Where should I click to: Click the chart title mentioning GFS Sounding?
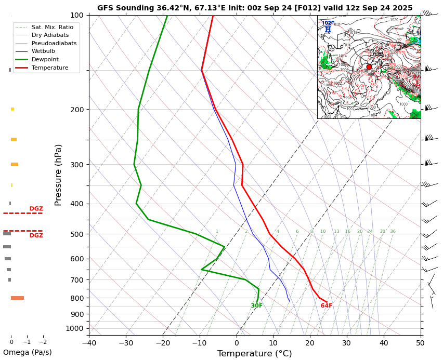255,8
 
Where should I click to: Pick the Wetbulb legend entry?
44,51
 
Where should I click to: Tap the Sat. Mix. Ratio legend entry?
52,27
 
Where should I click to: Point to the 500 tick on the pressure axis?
76,234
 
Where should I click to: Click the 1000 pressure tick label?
74,328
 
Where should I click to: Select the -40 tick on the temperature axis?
89,343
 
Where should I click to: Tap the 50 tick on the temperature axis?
421,343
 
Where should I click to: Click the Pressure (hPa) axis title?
58,175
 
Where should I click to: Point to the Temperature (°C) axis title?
254,354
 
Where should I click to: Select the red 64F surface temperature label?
327,306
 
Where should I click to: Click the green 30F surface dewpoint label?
257,306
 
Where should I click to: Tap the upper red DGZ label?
36,209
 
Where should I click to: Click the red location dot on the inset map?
369,67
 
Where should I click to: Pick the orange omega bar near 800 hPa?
17,298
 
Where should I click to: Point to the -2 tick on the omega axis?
43,342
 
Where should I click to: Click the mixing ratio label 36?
393,232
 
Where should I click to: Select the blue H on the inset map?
328,30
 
